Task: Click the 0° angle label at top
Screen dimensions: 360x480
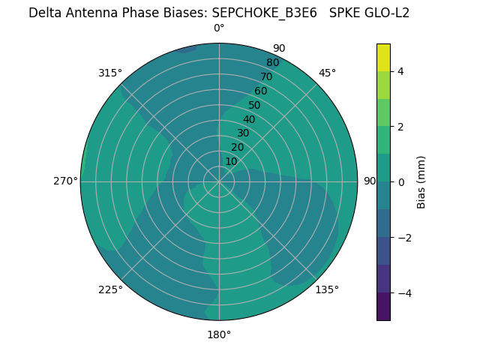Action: [219, 28]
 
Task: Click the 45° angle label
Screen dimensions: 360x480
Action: [327, 73]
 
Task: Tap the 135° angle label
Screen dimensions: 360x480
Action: [327, 289]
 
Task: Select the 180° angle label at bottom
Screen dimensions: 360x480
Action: [219, 334]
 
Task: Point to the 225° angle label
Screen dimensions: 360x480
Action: [110, 289]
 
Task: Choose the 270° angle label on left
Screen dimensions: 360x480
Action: [65, 181]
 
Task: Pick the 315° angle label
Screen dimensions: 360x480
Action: [110, 73]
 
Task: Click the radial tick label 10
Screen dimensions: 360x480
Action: [231, 161]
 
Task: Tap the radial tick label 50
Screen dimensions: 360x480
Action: [254, 105]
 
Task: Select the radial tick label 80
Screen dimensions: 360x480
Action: [273, 62]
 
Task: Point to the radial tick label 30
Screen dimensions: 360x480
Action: [243, 133]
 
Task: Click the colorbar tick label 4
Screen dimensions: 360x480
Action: [400, 71]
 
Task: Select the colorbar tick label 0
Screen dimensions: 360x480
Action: [400, 181]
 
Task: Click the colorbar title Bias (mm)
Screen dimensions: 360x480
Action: [421, 181]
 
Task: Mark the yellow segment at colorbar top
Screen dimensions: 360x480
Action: [383, 57]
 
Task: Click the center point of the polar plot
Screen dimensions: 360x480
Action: [219, 181]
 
